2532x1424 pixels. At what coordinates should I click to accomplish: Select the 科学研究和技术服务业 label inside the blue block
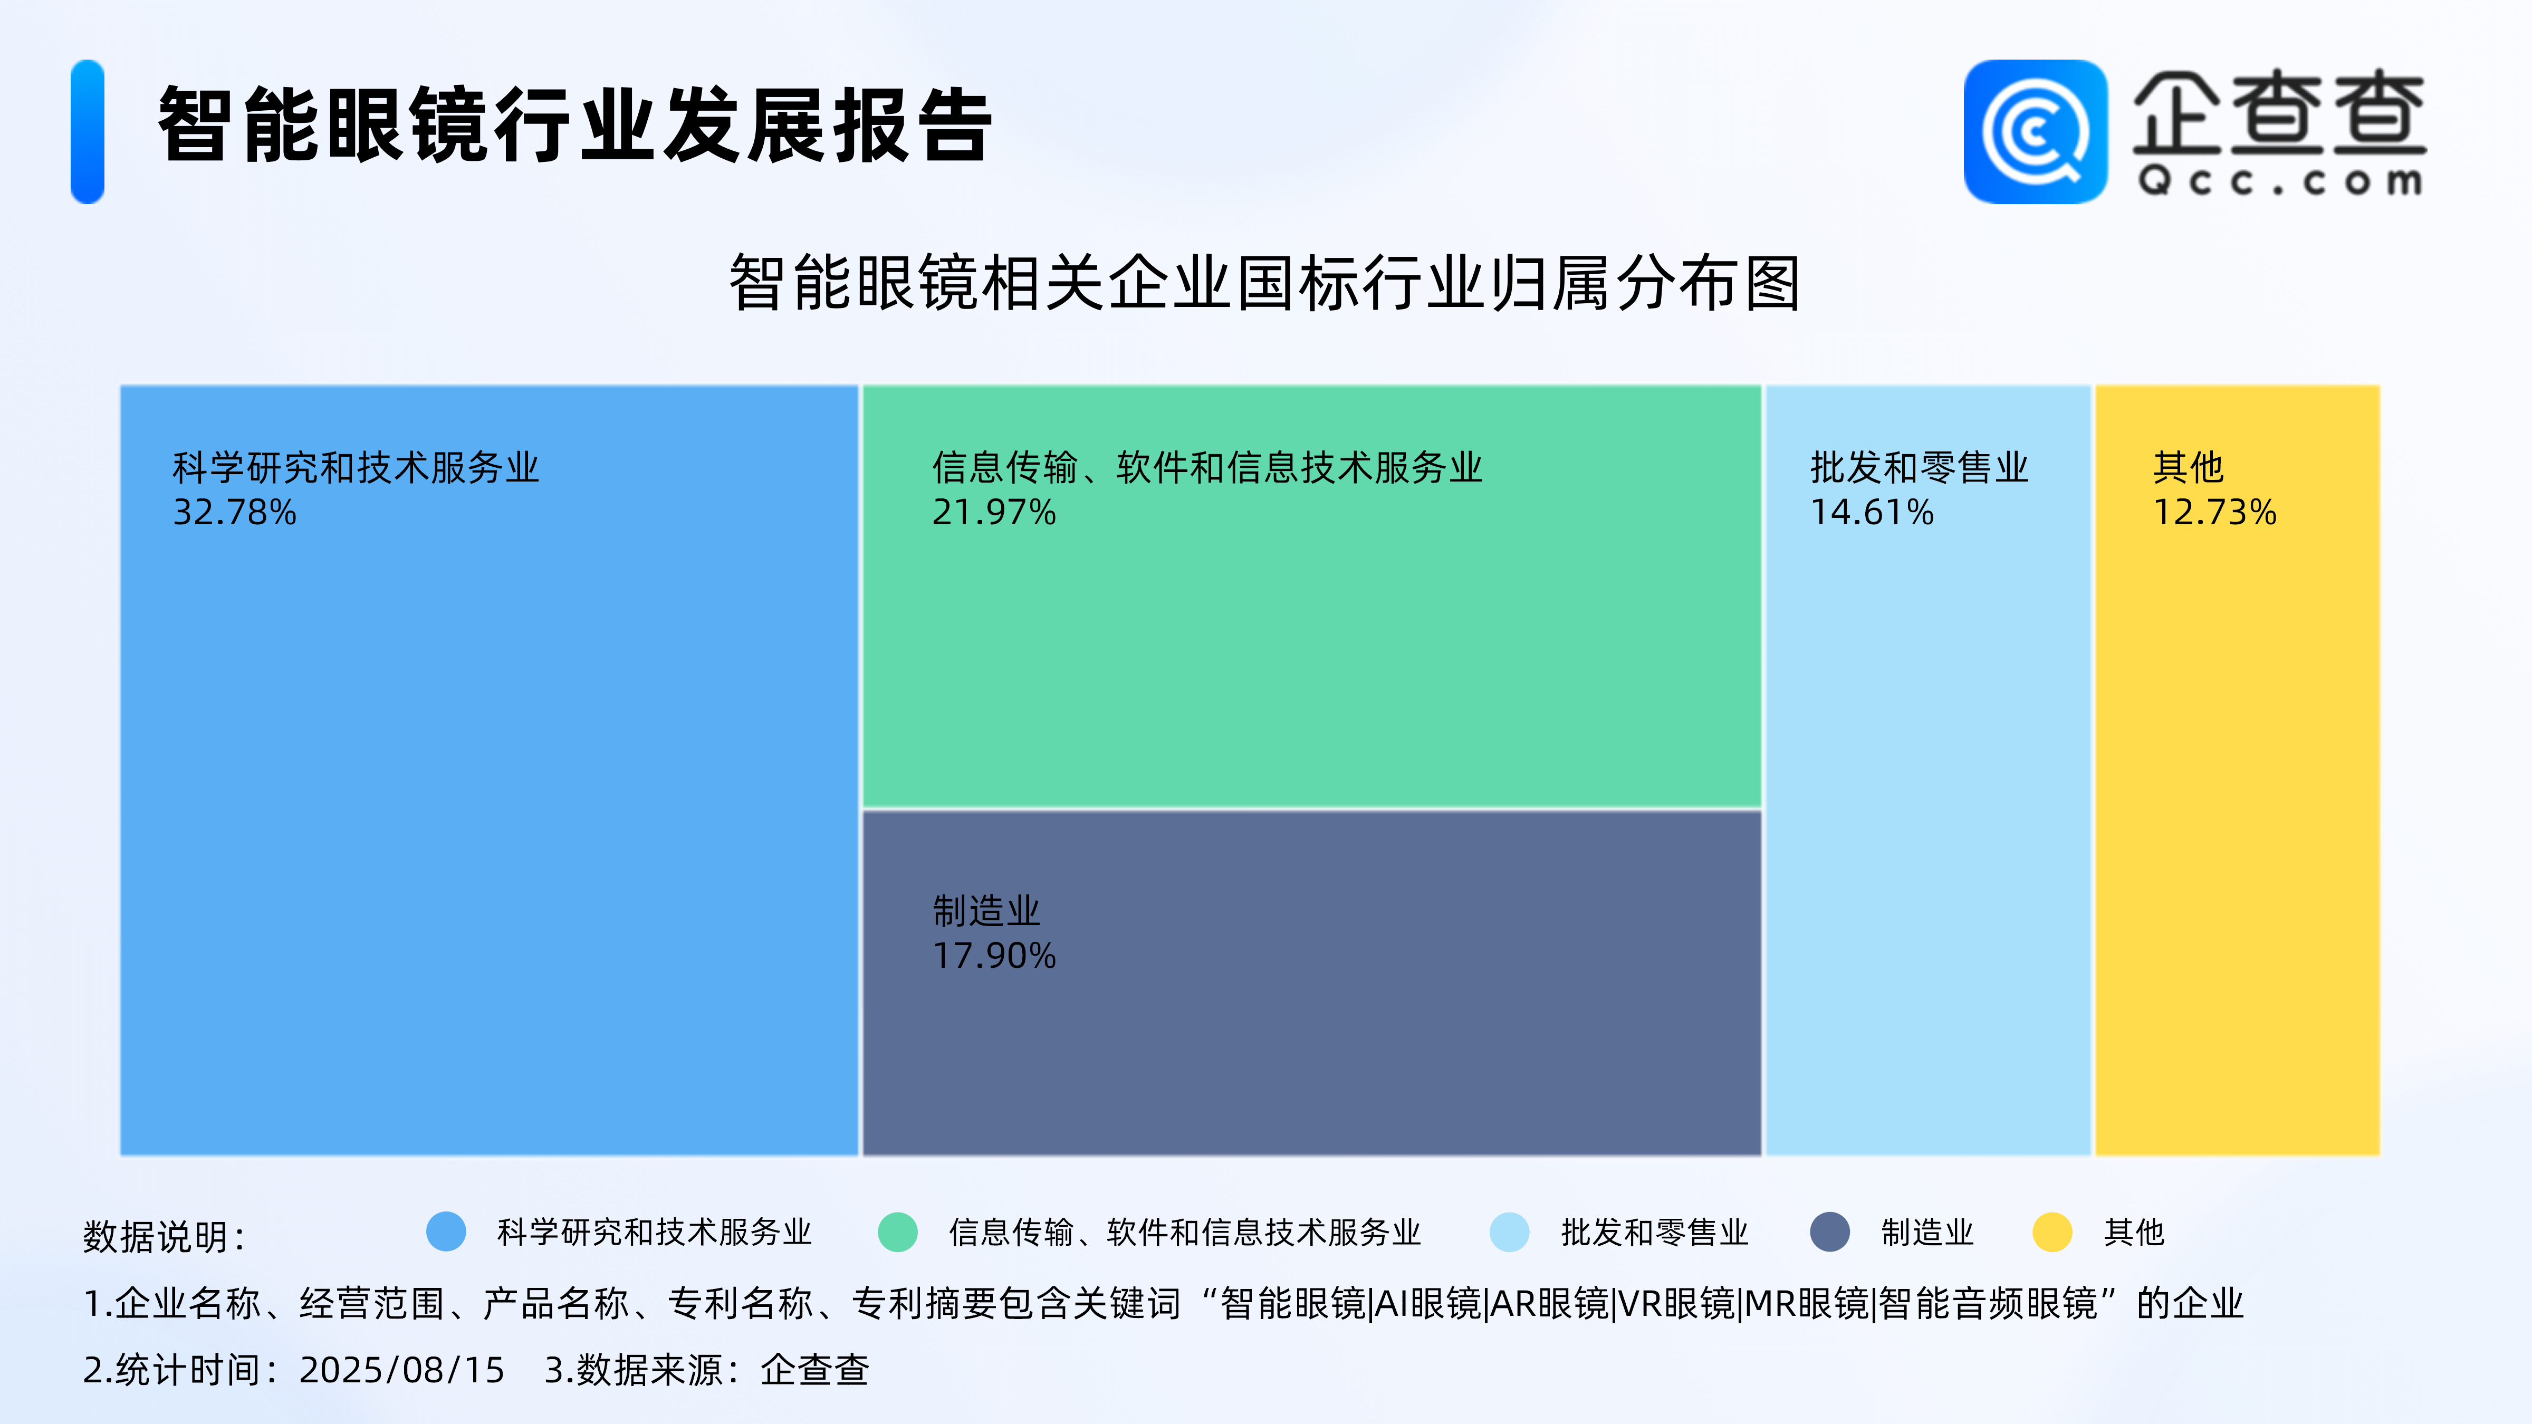[356, 467]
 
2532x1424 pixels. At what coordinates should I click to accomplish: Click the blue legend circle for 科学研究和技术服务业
[446, 1231]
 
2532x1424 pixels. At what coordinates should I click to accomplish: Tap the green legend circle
[897, 1231]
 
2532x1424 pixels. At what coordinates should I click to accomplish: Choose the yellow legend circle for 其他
[2053, 1231]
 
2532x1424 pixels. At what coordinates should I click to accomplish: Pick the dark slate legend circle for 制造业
[1830, 1231]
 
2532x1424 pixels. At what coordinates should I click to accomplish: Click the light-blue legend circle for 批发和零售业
[1510, 1231]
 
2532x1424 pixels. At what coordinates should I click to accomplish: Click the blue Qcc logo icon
[2036, 132]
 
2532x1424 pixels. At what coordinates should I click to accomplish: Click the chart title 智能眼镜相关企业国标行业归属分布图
[1265, 283]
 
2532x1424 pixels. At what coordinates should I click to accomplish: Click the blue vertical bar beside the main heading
[88, 132]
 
